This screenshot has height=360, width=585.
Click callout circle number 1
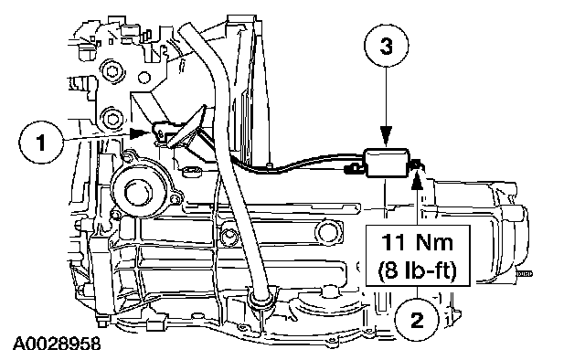tap(40, 143)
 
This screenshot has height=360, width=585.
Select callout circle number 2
tap(417, 320)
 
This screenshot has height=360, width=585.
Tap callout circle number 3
tap(386, 47)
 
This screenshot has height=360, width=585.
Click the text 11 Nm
tap(417, 242)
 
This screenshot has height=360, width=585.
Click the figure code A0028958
tap(57, 344)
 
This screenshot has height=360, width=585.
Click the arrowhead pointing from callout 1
tap(138, 132)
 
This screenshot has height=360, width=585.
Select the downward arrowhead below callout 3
tap(386, 136)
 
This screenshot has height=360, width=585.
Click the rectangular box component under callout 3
tap(387, 163)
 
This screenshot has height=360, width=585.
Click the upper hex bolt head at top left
tap(112, 70)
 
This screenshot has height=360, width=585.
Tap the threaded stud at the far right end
tap(524, 274)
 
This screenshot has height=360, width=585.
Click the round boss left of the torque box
tap(327, 233)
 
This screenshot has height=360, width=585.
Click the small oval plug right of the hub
tap(193, 172)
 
